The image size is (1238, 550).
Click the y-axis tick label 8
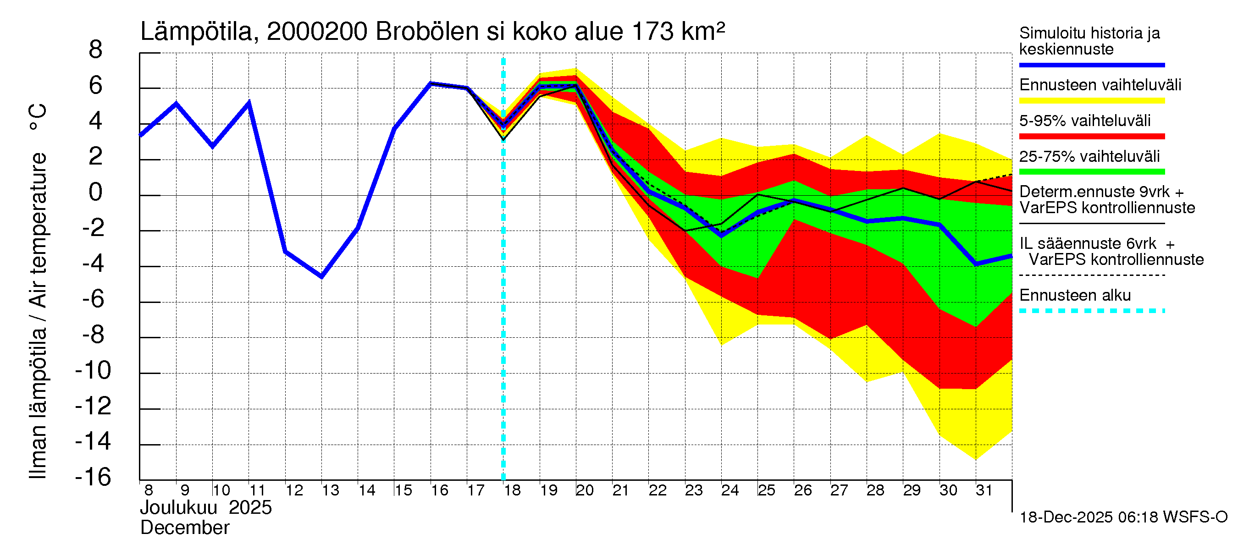click(96, 49)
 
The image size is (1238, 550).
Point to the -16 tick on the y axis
click(93, 477)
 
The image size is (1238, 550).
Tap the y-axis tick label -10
click(93, 370)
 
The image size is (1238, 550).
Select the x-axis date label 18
click(512, 490)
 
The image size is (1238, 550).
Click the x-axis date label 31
click(984, 490)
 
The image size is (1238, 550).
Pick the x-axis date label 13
click(330, 490)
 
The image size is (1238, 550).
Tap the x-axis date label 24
click(730, 490)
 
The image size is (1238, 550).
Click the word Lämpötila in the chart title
click(196, 32)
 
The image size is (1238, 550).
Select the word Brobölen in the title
click(427, 32)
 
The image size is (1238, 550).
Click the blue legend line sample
click(1091, 65)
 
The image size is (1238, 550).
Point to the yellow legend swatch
click(1091, 101)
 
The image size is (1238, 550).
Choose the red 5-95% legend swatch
click(1091, 137)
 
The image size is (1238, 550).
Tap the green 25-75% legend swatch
click(1091, 172)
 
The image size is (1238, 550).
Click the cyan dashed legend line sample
click(1091, 311)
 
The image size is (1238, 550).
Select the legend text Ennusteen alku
click(1075, 295)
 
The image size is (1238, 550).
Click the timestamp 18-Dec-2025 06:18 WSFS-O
click(1123, 517)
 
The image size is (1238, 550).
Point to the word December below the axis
click(184, 528)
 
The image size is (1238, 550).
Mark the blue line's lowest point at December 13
click(321, 277)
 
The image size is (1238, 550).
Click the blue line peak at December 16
click(431, 83)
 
